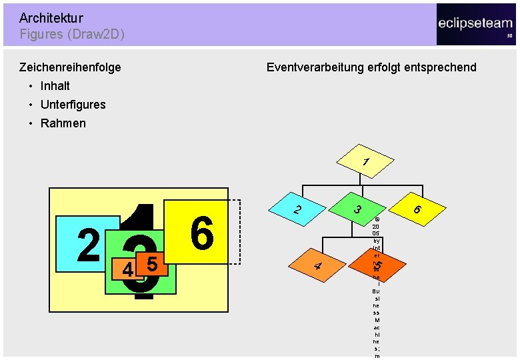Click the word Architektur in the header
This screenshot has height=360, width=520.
click(51, 18)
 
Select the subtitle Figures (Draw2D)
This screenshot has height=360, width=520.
click(72, 34)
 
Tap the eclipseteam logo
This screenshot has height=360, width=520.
click(475, 24)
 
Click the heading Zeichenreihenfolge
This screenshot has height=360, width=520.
click(70, 67)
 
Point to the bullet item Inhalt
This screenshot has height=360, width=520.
click(55, 85)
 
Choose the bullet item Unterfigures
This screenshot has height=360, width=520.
click(73, 104)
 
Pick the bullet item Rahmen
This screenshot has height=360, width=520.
click(63, 123)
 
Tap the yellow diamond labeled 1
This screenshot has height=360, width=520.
click(363, 161)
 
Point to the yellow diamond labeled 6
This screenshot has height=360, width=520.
click(417, 209)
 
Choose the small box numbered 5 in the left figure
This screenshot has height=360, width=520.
click(151, 263)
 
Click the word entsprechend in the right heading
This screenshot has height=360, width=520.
click(443, 67)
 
